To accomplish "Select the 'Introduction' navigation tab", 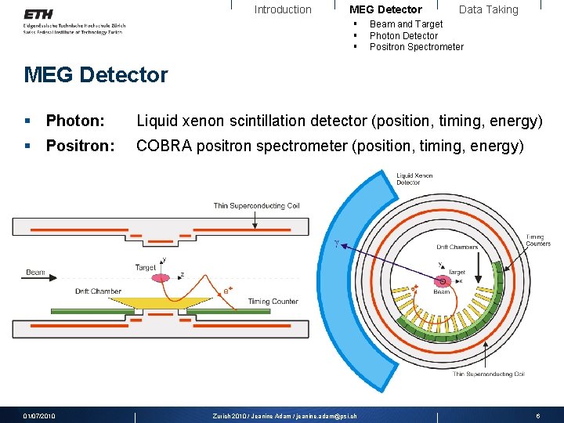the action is click(x=283, y=9).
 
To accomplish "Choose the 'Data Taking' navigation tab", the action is click(x=488, y=9).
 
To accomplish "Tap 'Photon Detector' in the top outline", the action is click(x=403, y=35).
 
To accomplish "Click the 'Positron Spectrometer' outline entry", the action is click(x=416, y=46).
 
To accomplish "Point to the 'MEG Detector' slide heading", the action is click(x=96, y=75).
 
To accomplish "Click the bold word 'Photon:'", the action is click(x=75, y=121).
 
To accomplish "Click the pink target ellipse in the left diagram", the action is click(x=161, y=277).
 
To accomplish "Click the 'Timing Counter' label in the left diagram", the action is click(x=273, y=302).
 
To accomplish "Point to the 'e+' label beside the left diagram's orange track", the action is click(x=229, y=291).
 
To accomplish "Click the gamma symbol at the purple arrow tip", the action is click(x=337, y=244).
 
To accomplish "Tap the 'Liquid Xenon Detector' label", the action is click(x=414, y=179).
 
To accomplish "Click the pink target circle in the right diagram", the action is click(x=443, y=280).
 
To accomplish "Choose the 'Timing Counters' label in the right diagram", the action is click(x=538, y=240).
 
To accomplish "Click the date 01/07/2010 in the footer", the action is click(x=39, y=416).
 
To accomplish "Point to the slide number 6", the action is click(x=537, y=416).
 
